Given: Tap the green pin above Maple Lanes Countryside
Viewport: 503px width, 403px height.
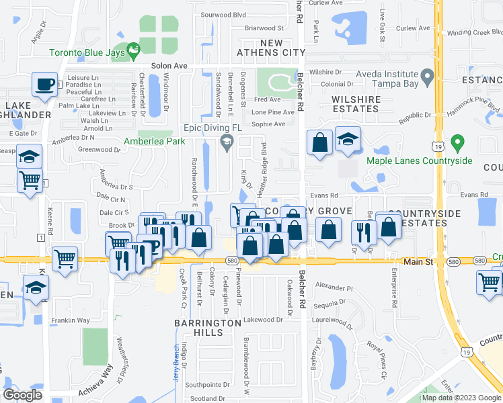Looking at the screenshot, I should coord(457,143).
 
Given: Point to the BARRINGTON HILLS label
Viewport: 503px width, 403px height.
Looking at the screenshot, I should coord(208,328).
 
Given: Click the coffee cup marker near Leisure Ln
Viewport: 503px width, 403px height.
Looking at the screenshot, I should coord(45,85).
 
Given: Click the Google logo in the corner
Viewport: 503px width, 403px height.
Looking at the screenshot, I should coord(23,395).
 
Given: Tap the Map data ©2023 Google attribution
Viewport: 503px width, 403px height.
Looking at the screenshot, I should coord(461,398).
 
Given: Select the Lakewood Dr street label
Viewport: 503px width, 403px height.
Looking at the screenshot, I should coord(264,320).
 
